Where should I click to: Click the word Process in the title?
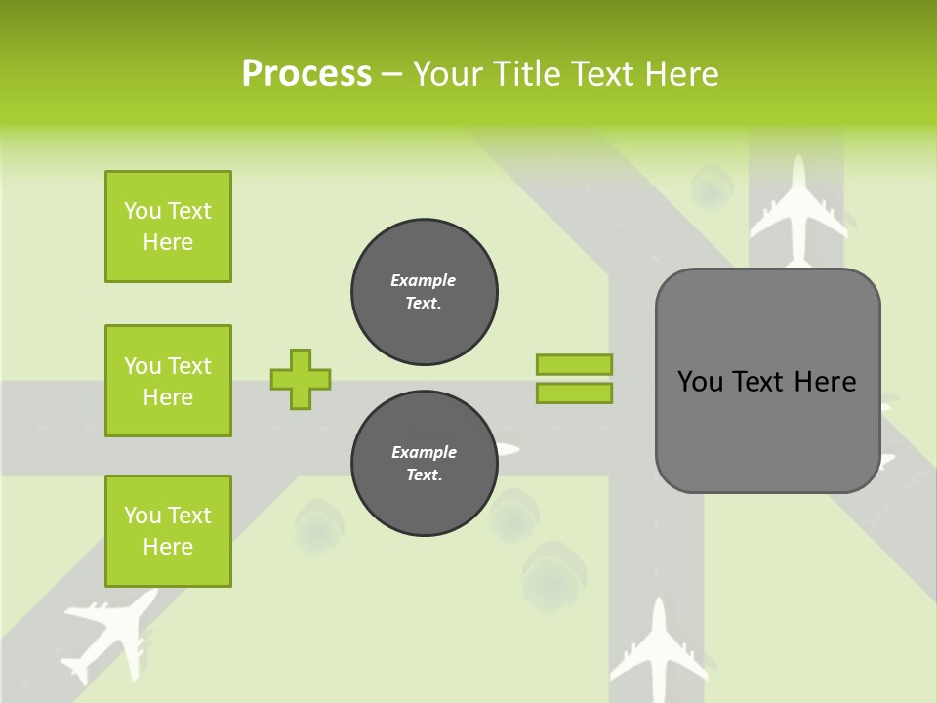pos(306,74)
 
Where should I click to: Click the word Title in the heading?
pos(524,74)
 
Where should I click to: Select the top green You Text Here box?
pos(168,227)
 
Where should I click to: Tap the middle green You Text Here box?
pos(168,381)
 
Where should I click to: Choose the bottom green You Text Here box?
pos(168,531)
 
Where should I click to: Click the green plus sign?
pos(301,379)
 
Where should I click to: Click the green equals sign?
pos(574,379)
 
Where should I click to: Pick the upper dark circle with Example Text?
pos(425,292)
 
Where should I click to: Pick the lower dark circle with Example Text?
pos(425,464)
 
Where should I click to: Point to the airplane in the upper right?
pos(798,210)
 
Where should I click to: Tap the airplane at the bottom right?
pos(659,649)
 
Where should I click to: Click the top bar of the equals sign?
pos(574,364)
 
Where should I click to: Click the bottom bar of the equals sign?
pos(574,393)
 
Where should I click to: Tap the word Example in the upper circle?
pos(424,280)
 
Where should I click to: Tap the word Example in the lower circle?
pos(424,452)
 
